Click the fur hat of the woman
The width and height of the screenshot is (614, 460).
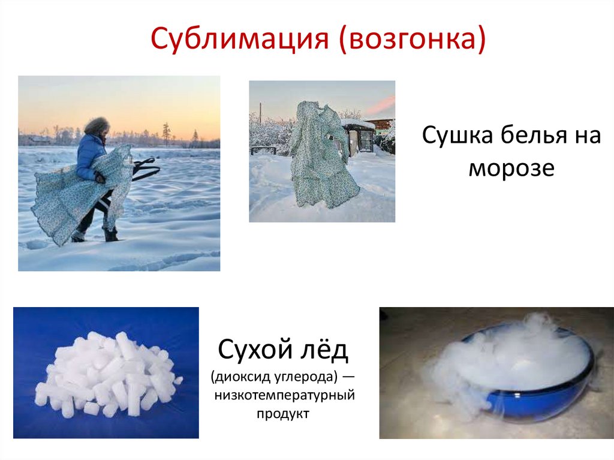97,127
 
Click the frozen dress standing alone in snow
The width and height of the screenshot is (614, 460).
324,156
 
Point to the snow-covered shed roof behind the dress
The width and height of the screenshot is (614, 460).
358,124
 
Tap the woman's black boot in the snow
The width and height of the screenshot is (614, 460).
110,234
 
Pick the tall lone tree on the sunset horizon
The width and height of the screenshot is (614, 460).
166,133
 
